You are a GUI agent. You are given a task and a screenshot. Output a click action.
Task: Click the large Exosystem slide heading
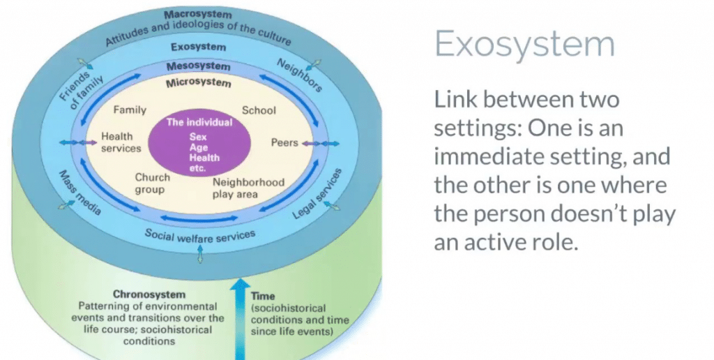tap(524, 45)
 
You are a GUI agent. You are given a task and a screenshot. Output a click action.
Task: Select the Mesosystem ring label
tap(199, 66)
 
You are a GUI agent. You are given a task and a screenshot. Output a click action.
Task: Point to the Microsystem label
tap(199, 83)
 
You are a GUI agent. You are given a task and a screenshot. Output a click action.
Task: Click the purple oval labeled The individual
tap(199, 142)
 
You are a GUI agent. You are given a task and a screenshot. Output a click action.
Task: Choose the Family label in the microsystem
tap(129, 110)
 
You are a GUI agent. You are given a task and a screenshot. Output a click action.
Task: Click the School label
tap(259, 110)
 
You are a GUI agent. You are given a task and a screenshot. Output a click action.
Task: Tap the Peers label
tap(284, 143)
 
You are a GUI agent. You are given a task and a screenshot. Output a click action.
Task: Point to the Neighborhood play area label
tap(248, 188)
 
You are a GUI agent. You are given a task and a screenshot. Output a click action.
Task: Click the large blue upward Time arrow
tap(241, 314)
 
